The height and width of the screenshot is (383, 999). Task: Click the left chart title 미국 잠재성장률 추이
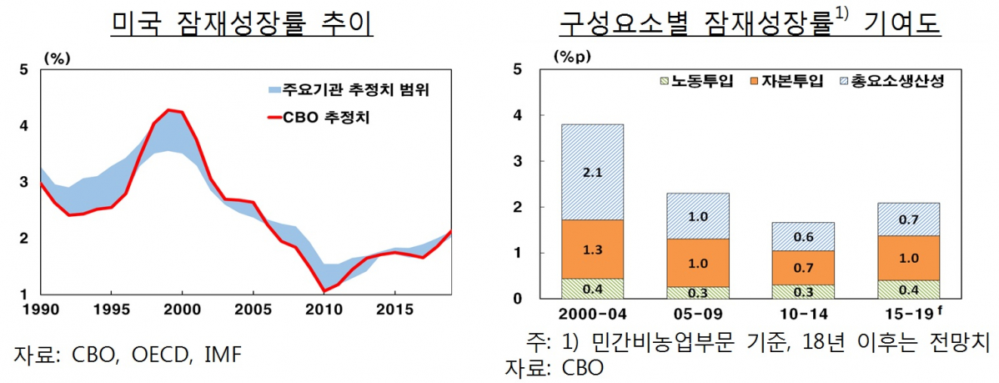242,24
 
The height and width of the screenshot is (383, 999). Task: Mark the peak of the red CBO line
169,110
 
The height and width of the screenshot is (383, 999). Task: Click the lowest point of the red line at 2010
323,290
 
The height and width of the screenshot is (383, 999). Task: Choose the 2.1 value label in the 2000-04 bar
593,172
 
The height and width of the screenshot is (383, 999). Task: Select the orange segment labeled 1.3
593,249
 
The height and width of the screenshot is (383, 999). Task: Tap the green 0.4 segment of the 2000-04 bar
593,289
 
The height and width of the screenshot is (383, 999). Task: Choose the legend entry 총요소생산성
900,81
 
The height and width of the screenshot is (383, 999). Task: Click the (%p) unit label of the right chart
569,57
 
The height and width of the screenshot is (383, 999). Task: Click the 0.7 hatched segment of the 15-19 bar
909,219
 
